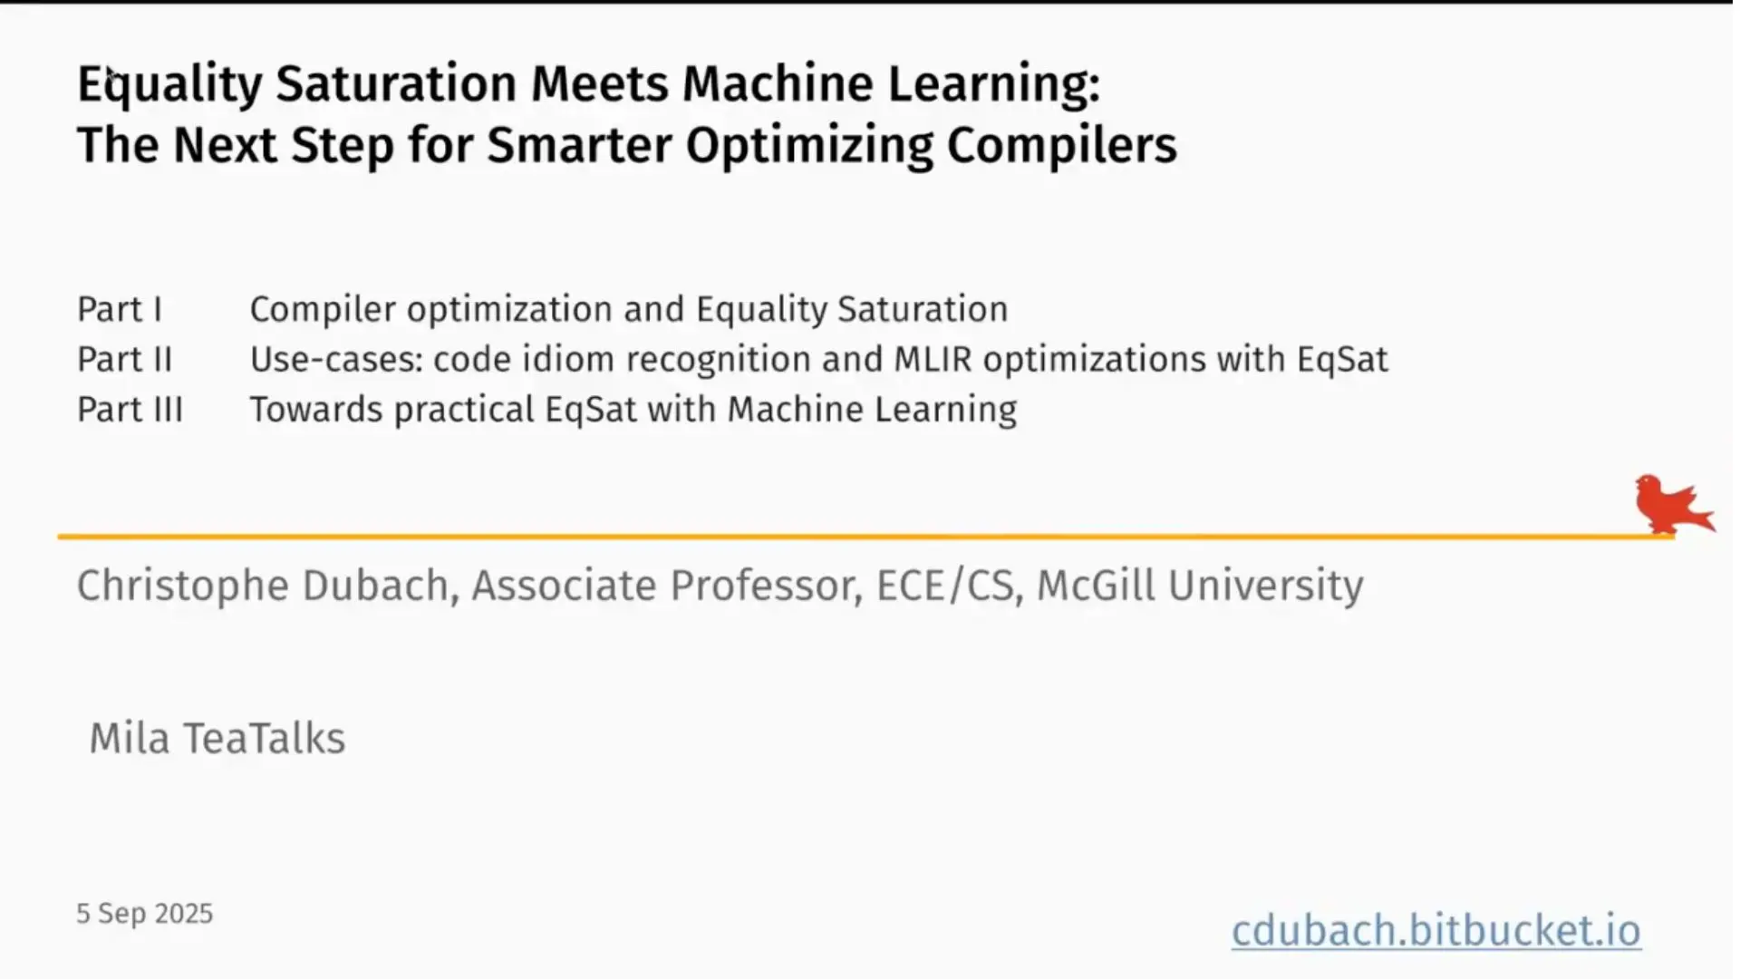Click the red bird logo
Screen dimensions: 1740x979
click(x=1673, y=504)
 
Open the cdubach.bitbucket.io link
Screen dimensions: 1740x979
click(x=1435, y=930)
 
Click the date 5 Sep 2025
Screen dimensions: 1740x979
click(x=145, y=914)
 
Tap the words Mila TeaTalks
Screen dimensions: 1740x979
click(x=217, y=738)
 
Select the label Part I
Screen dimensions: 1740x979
click(x=120, y=310)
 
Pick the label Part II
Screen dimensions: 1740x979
click(x=125, y=360)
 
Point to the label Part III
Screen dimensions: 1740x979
click(x=130, y=410)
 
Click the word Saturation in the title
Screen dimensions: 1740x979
click(x=396, y=83)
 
